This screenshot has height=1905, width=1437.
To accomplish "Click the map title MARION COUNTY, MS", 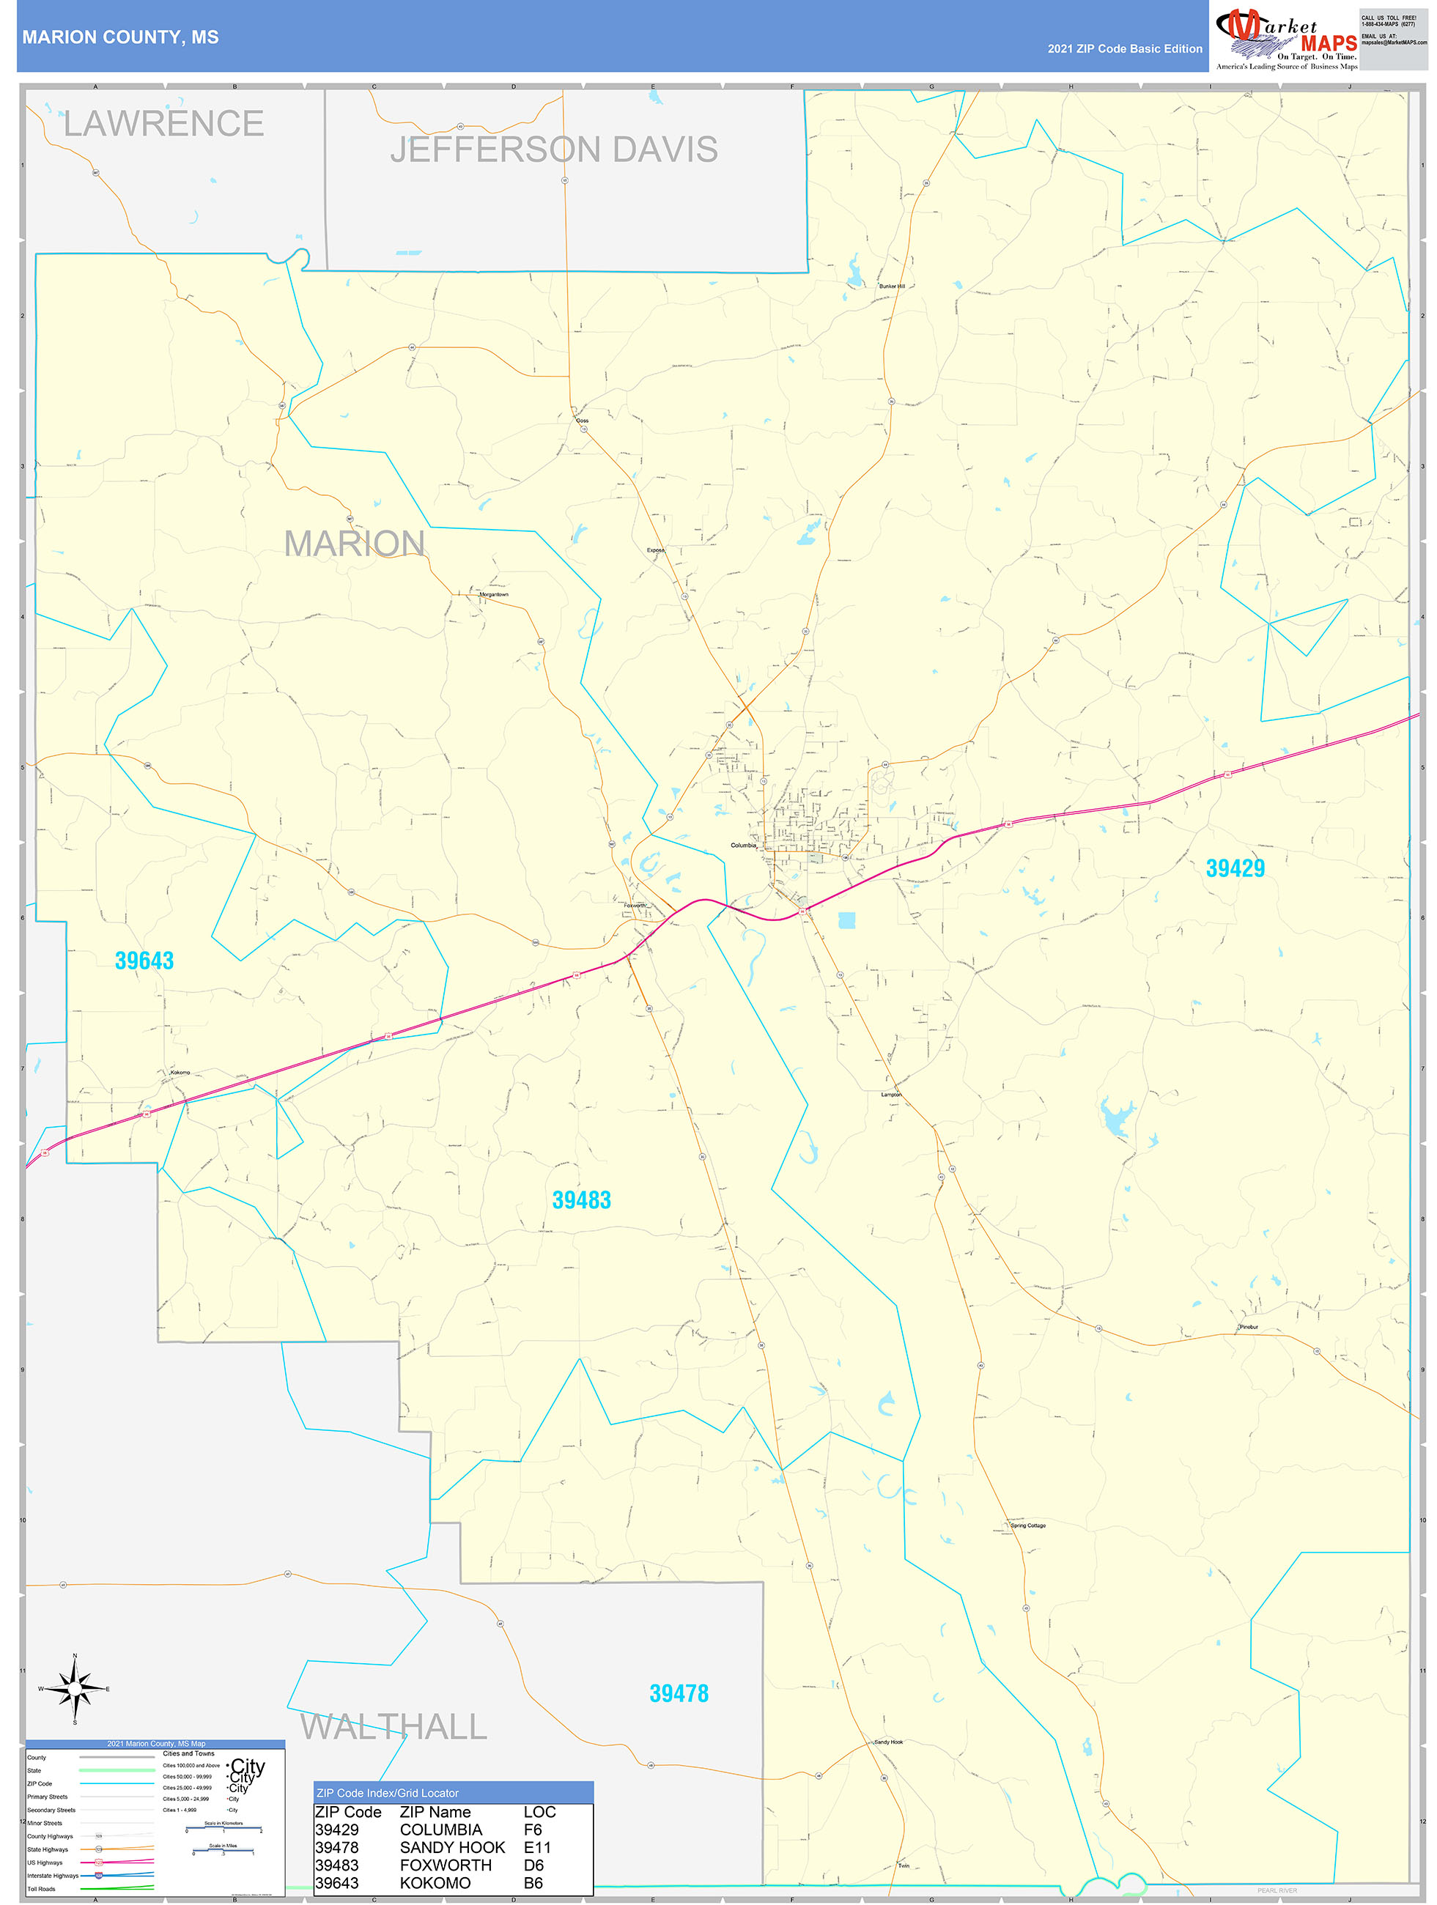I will pyautogui.click(x=121, y=37).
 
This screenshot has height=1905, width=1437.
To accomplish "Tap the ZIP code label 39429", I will pyautogui.click(x=1235, y=868).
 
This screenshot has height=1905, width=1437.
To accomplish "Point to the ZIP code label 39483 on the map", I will pyautogui.click(x=582, y=1199).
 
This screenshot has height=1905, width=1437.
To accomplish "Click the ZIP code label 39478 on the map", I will pyautogui.click(x=679, y=1693).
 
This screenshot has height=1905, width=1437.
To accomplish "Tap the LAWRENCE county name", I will pyautogui.click(x=163, y=124).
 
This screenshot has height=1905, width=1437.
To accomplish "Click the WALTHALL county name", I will pyautogui.click(x=394, y=1727).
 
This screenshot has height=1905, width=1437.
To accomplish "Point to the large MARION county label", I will pyautogui.click(x=354, y=544).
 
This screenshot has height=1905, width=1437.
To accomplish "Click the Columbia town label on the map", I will pyautogui.click(x=742, y=846).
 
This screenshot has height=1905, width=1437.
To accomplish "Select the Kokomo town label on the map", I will pyautogui.click(x=180, y=1072).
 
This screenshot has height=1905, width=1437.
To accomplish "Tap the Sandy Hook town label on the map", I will pyautogui.click(x=888, y=1742).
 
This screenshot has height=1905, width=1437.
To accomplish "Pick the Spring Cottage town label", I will pyautogui.click(x=1028, y=1525).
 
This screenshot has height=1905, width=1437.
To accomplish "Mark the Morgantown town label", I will pyautogui.click(x=494, y=594).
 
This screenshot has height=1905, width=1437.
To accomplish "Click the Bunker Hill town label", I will pyautogui.click(x=892, y=286).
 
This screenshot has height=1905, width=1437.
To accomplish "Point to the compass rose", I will pyautogui.click(x=75, y=1689).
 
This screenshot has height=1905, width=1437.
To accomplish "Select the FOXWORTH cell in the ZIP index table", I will pyautogui.click(x=446, y=1865).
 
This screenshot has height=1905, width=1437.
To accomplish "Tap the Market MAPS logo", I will pyautogui.click(x=1285, y=38).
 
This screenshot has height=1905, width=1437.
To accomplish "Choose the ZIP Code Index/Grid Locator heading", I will pyautogui.click(x=388, y=1792).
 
